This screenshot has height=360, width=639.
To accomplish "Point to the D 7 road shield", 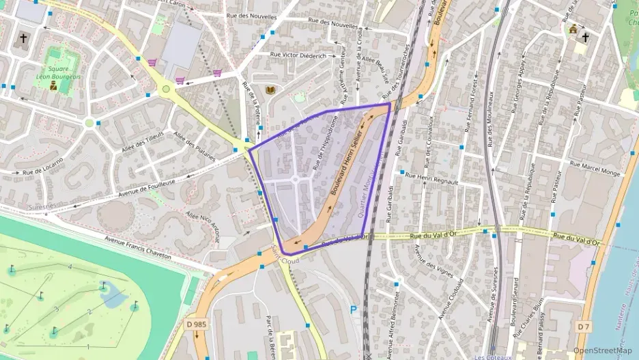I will (x=582, y=327).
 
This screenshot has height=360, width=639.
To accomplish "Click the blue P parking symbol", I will (x=353, y=309).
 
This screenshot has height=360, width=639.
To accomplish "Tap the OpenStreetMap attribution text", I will (x=602, y=350).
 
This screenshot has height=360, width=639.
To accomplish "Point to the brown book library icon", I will (x=270, y=90).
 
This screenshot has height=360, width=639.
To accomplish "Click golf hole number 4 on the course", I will (x=70, y=266).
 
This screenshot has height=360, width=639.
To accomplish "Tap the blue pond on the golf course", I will (x=113, y=296).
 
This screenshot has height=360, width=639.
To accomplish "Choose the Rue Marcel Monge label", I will (x=595, y=169).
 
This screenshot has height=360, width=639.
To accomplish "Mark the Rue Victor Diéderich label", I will (x=298, y=55).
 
